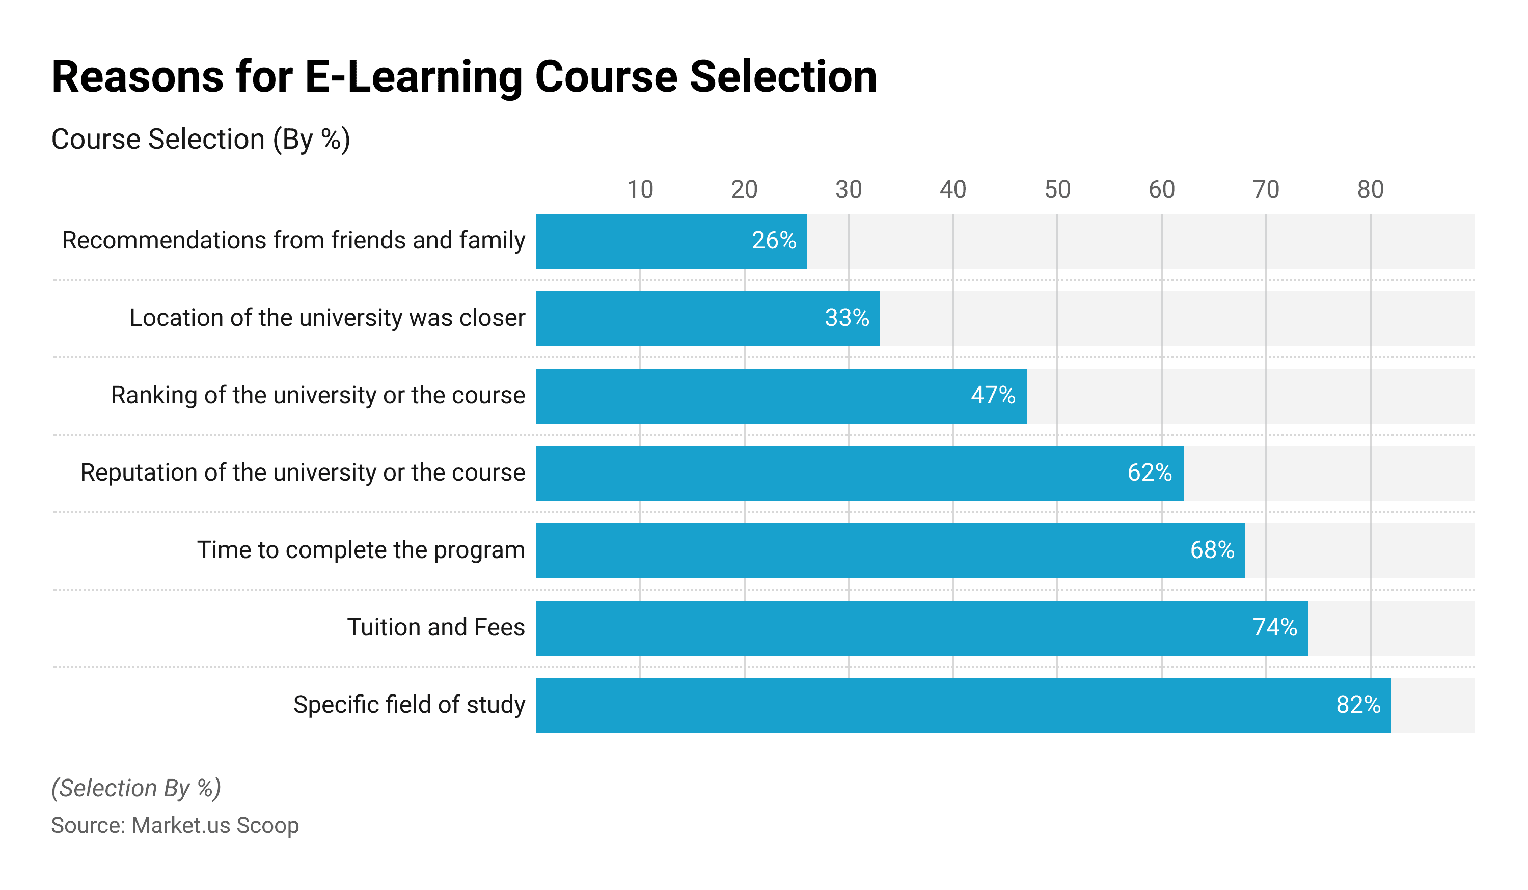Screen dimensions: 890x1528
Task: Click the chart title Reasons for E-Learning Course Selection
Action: point(464,77)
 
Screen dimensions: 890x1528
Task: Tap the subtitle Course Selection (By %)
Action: point(201,140)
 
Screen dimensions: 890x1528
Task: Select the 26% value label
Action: point(774,241)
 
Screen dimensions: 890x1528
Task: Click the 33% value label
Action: point(847,318)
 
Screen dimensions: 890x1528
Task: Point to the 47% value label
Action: point(993,395)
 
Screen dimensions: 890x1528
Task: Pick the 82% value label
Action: point(1358,705)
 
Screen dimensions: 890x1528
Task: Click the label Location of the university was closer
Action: point(328,318)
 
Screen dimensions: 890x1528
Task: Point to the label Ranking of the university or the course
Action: point(318,395)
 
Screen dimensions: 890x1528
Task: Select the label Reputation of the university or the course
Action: point(303,472)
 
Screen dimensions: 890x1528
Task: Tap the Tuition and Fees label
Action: point(436,627)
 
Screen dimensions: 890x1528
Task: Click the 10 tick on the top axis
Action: point(640,190)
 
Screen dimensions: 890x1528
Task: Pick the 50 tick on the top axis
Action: point(1057,190)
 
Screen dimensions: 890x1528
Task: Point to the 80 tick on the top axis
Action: point(1370,190)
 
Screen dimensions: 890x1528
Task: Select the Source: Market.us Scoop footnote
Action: point(175,826)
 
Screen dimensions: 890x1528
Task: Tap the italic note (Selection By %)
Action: point(137,788)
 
